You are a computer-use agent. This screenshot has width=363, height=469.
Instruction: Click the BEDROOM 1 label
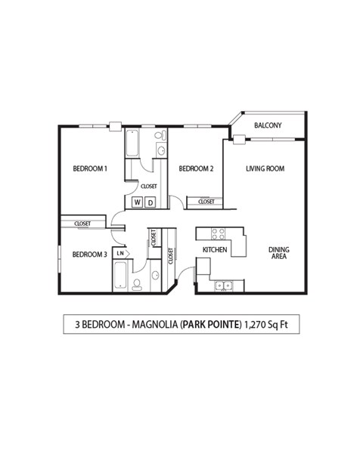tap(88, 168)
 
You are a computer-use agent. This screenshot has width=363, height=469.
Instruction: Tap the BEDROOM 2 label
tap(196, 168)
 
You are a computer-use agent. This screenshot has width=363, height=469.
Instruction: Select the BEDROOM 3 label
tap(89, 255)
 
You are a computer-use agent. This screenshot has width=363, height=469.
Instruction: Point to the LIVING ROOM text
tap(265, 168)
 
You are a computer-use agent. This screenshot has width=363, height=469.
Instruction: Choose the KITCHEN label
tap(215, 250)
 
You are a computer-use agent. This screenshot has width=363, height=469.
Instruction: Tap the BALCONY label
tap(268, 125)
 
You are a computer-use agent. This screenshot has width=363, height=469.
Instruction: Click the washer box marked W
tap(138, 202)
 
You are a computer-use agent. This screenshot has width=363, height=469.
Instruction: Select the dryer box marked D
tap(150, 202)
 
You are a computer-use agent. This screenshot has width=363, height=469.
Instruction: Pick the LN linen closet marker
tap(119, 254)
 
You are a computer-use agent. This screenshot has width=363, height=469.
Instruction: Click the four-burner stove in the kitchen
tap(219, 233)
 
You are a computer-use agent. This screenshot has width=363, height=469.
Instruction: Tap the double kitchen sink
tap(222, 285)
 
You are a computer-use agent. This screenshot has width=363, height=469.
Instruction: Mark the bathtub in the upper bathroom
tap(132, 144)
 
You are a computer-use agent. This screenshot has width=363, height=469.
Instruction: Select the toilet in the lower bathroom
tap(138, 284)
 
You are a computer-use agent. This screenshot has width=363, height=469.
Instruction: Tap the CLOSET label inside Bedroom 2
tap(206, 202)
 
